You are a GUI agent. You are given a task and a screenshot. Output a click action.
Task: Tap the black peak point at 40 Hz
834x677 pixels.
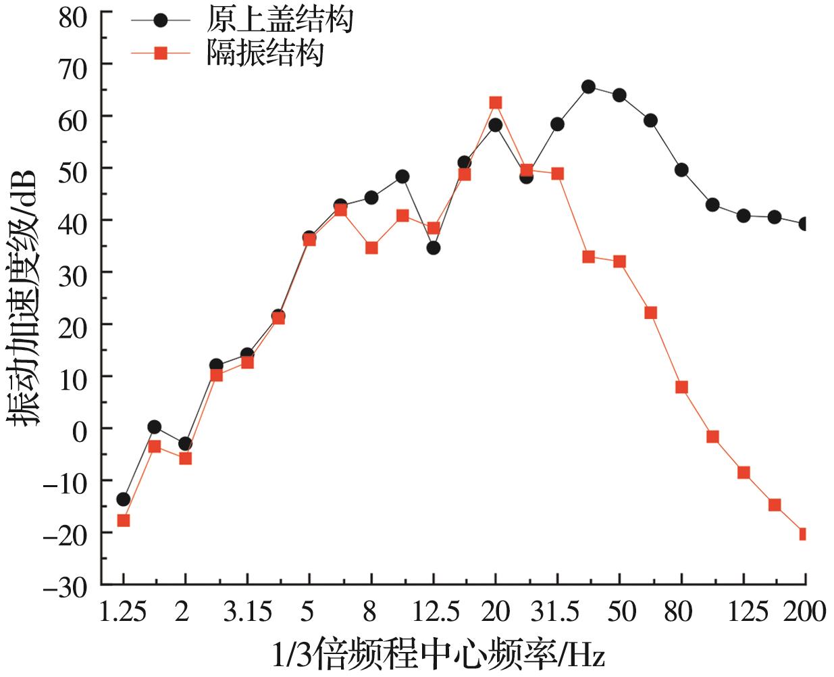[588, 86]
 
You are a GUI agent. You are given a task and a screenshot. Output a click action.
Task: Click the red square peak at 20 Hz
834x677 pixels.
[495, 103]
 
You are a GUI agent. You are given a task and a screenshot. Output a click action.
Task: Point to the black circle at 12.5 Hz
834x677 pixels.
[433, 248]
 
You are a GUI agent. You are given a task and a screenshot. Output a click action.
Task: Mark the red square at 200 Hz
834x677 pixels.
[804, 534]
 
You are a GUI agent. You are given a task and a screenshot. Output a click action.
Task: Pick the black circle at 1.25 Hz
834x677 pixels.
[123, 499]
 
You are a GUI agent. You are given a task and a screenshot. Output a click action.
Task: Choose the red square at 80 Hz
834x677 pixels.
[681, 387]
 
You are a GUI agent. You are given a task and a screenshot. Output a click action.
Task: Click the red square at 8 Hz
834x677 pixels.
[371, 248]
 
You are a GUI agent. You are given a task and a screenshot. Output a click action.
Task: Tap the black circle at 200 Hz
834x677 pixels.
[804, 224]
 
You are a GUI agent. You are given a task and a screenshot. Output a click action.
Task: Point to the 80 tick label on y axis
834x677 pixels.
[73, 17]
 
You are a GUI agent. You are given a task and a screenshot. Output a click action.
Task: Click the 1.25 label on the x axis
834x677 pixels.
[123, 612]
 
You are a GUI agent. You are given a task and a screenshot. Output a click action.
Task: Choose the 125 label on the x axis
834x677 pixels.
[748, 612]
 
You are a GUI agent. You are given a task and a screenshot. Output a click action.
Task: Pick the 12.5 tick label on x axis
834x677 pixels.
[436, 612]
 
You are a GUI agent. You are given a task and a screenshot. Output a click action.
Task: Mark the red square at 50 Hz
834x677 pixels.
[619, 261]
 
